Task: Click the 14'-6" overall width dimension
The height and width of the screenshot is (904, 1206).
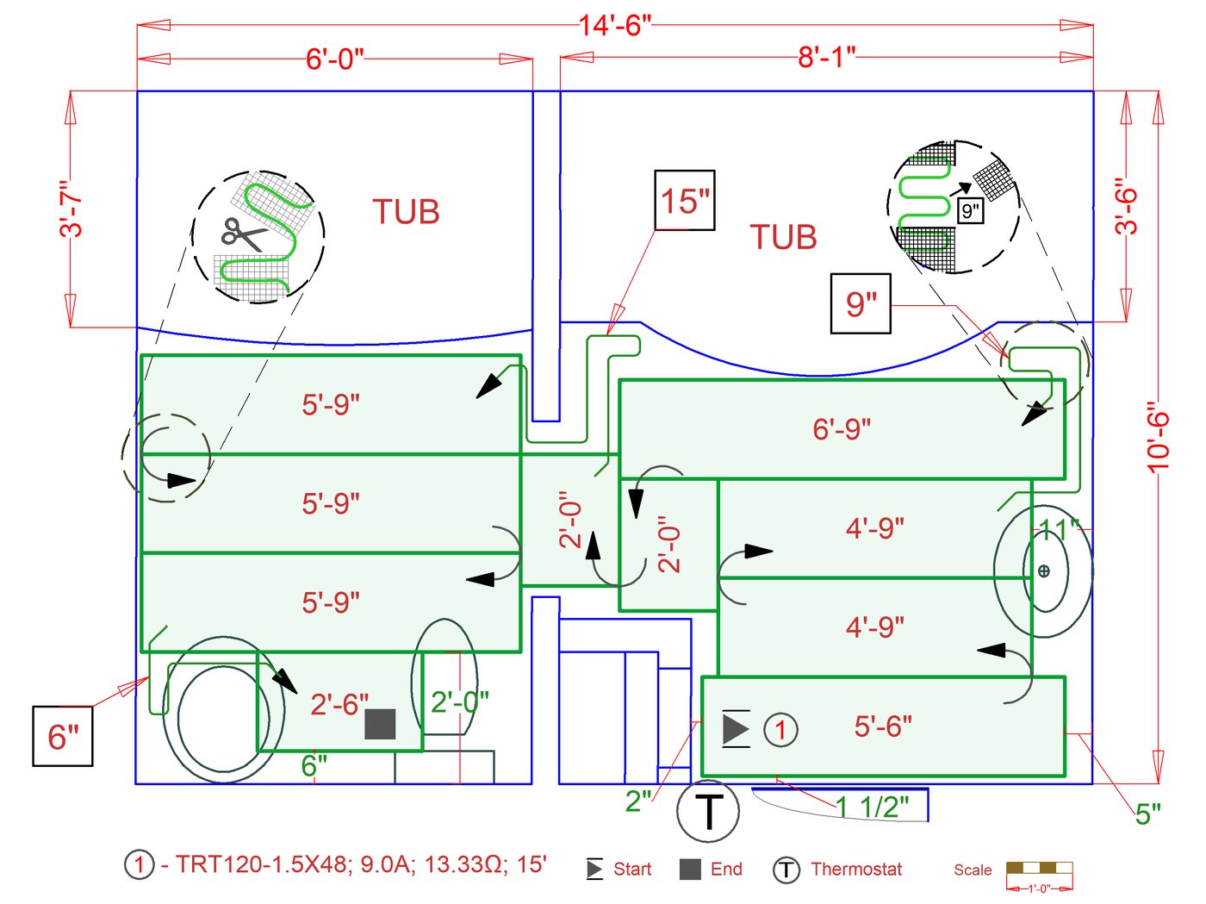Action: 614,25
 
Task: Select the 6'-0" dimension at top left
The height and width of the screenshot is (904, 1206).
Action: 335,59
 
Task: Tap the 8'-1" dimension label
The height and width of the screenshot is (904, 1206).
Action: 826,58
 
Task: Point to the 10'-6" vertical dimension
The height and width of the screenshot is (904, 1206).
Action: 1159,436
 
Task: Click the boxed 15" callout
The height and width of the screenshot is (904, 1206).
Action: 685,201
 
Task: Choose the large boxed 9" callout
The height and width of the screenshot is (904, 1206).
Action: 861,303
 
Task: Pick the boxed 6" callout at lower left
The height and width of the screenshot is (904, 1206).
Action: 63,736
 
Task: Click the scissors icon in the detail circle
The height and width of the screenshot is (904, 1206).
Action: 242,234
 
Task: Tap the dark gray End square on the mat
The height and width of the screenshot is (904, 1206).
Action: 380,724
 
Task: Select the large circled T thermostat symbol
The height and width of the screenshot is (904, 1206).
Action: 708,811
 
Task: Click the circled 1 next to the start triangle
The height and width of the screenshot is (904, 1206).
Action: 780,730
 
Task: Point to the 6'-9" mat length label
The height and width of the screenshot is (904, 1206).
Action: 842,428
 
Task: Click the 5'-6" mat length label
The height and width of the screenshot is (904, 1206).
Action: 883,726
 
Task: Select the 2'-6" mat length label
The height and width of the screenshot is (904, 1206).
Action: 339,704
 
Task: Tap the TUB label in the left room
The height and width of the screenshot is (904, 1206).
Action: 406,212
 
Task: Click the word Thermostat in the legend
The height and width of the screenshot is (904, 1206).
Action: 856,870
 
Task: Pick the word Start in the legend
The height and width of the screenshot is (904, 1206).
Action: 632,870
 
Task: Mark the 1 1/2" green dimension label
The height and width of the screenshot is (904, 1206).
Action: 873,807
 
